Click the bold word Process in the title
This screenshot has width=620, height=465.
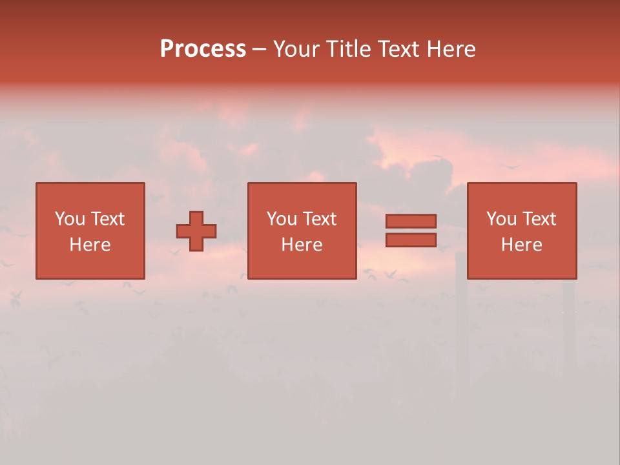pyautogui.click(x=203, y=49)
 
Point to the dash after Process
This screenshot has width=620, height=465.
pyautogui.click(x=259, y=50)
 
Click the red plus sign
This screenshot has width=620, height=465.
pyautogui.click(x=196, y=231)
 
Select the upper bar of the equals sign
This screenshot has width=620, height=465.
pyautogui.click(x=411, y=222)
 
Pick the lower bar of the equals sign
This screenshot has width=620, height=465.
pyautogui.click(x=411, y=240)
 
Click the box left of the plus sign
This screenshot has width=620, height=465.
pyautogui.click(x=90, y=231)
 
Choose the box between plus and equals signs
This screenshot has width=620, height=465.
pyautogui.click(x=302, y=231)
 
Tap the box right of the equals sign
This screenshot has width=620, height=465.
pyautogui.click(x=522, y=231)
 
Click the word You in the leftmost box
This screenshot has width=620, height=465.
pyautogui.click(x=70, y=219)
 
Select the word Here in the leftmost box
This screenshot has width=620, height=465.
pyautogui.click(x=90, y=245)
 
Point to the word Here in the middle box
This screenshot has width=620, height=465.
pyautogui.click(x=302, y=245)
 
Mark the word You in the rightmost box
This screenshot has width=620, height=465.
pyautogui.click(x=501, y=219)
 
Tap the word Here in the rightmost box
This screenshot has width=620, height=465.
pyautogui.click(x=522, y=245)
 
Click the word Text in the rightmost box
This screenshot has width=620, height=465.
pyautogui.click(x=538, y=219)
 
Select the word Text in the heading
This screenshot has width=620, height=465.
pyautogui.click(x=397, y=49)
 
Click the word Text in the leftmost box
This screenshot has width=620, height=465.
pyautogui.click(x=107, y=219)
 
